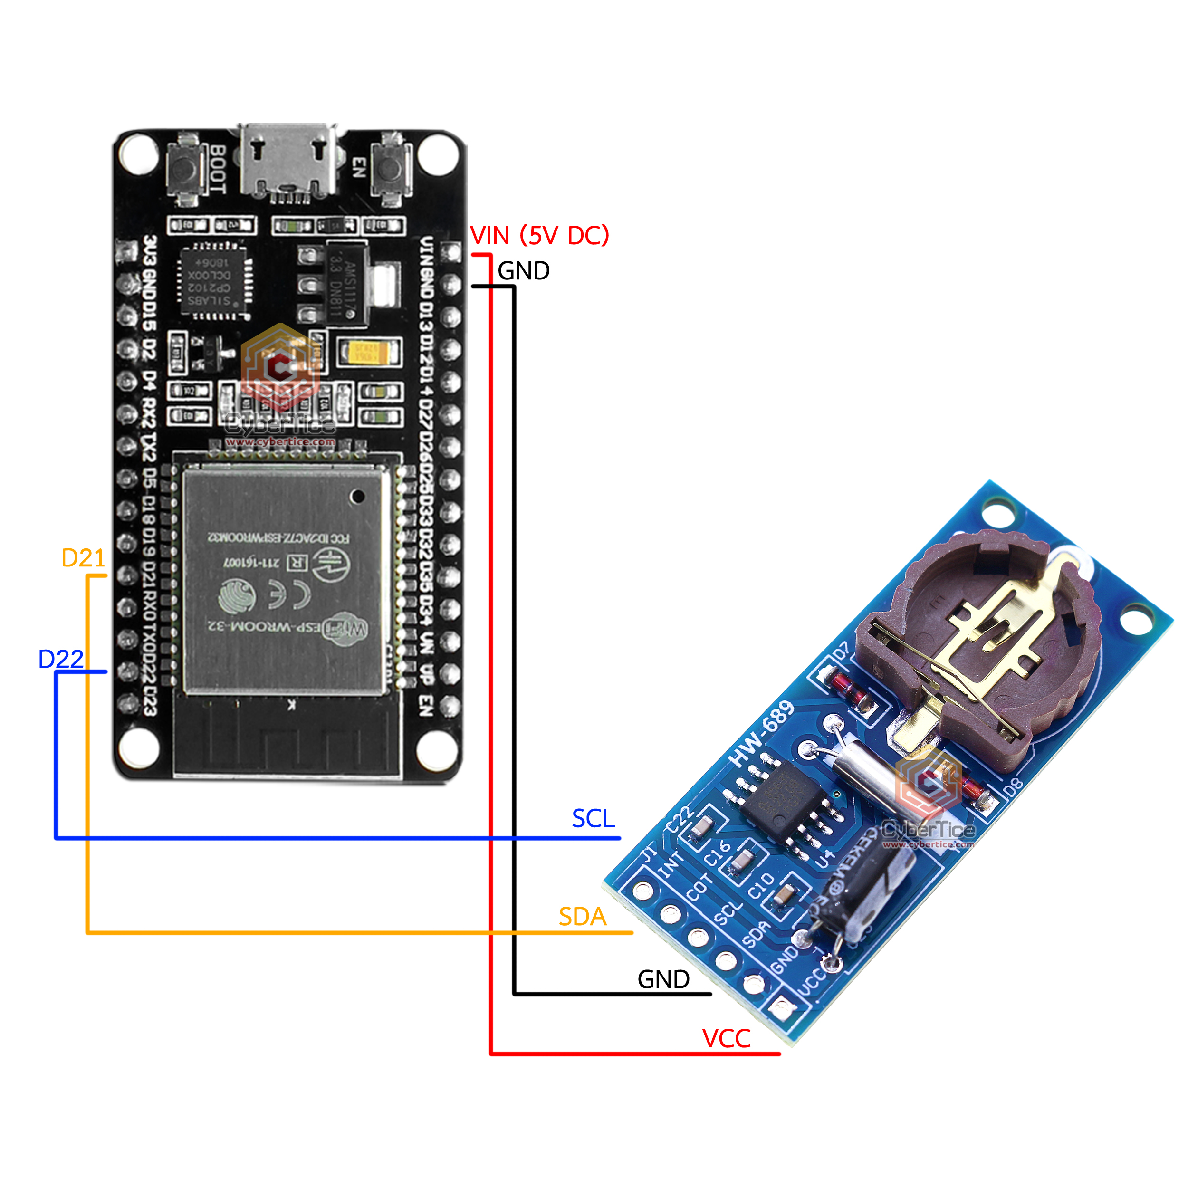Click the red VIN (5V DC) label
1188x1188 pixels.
[539, 236]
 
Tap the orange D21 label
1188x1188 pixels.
[83, 558]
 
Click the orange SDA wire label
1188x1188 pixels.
[582, 917]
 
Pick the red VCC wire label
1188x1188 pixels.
[726, 1039]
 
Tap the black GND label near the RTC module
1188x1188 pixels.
[663, 979]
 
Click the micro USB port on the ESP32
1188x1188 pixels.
[288, 161]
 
